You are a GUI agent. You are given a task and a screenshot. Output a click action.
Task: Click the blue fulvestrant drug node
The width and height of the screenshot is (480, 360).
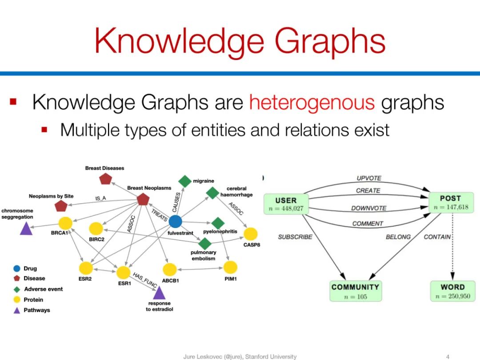(x=176, y=221)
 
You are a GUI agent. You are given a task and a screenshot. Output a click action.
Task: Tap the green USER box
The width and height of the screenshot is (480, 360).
(x=286, y=204)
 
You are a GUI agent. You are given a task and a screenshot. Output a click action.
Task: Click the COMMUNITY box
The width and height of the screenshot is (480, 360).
(x=355, y=291)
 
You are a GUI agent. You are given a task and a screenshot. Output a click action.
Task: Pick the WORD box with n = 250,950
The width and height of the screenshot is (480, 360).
(x=452, y=291)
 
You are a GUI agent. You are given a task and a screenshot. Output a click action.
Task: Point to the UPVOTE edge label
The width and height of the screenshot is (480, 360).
(x=369, y=178)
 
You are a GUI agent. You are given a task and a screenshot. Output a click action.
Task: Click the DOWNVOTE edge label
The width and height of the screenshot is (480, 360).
(x=368, y=208)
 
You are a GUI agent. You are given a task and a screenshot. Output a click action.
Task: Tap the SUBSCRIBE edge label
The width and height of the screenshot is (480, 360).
(x=295, y=237)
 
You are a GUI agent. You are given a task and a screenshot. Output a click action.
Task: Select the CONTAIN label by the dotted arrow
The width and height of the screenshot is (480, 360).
(x=437, y=237)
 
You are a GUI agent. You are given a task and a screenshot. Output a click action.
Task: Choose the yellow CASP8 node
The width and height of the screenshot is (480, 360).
(x=251, y=234)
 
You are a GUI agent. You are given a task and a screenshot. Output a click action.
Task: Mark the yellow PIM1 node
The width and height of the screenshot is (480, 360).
(x=230, y=267)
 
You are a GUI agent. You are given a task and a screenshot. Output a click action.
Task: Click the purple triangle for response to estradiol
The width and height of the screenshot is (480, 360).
(x=159, y=293)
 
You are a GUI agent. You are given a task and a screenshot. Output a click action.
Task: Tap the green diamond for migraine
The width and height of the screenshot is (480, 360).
(x=185, y=181)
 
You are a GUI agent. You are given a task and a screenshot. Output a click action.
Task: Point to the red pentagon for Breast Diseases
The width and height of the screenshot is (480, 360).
(x=105, y=179)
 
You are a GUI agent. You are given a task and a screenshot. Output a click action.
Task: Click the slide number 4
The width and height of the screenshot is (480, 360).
(x=448, y=356)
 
